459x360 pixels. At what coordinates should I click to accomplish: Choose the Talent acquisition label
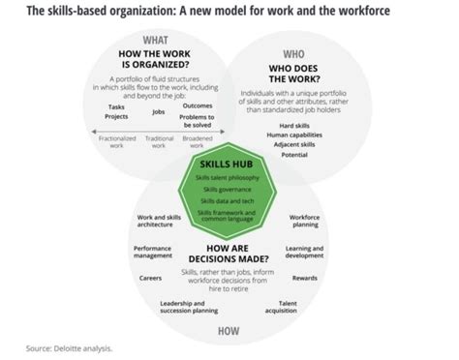pos(294,309)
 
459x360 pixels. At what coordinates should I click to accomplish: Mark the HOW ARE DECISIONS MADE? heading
pos(229,249)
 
